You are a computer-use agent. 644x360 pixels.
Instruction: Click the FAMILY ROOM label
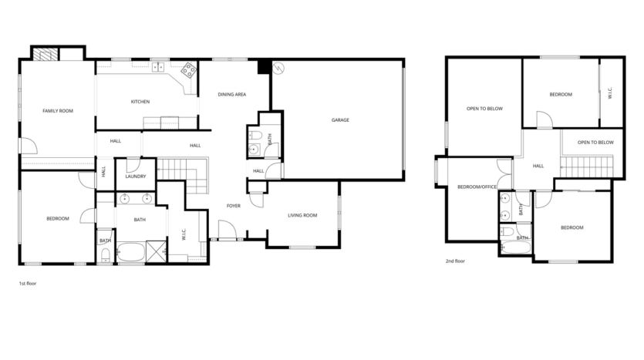click(x=57, y=111)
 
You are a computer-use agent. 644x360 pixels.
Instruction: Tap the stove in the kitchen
click(x=188, y=75)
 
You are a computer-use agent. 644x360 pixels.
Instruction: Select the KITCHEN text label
click(x=140, y=102)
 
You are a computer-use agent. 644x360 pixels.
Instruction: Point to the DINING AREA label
click(x=231, y=94)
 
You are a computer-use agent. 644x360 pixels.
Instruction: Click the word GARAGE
click(x=340, y=120)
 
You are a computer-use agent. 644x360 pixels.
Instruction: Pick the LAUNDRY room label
click(x=136, y=177)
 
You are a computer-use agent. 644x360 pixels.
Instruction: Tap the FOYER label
click(x=234, y=206)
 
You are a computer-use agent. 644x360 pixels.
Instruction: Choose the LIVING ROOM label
click(x=302, y=215)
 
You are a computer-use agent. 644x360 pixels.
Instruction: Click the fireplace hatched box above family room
click(x=46, y=54)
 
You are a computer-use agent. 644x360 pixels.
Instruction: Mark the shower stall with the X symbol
click(x=157, y=252)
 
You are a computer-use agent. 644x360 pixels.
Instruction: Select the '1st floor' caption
click(x=28, y=284)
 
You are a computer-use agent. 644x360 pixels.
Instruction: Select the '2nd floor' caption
click(x=455, y=261)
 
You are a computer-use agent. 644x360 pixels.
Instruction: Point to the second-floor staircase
click(x=591, y=163)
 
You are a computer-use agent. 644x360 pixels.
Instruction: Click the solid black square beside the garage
click(x=263, y=67)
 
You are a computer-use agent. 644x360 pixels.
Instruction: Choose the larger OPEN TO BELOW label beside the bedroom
click(x=484, y=109)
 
